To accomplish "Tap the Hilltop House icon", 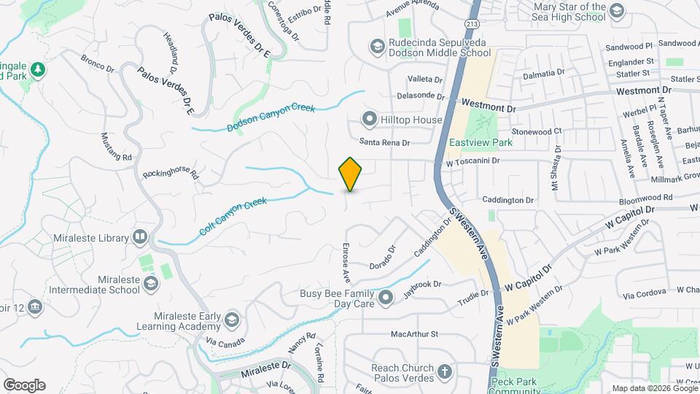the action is (370, 119).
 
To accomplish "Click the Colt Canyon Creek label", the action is (233, 216).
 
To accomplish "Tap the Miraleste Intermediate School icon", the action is (151, 283).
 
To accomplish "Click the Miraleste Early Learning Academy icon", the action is (231, 320).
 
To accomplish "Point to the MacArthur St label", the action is (413, 334).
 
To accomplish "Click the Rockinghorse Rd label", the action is (171, 174).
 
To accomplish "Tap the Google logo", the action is (24, 385).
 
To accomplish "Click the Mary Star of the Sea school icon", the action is (617, 9).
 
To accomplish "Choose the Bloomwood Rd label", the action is (625, 198).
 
